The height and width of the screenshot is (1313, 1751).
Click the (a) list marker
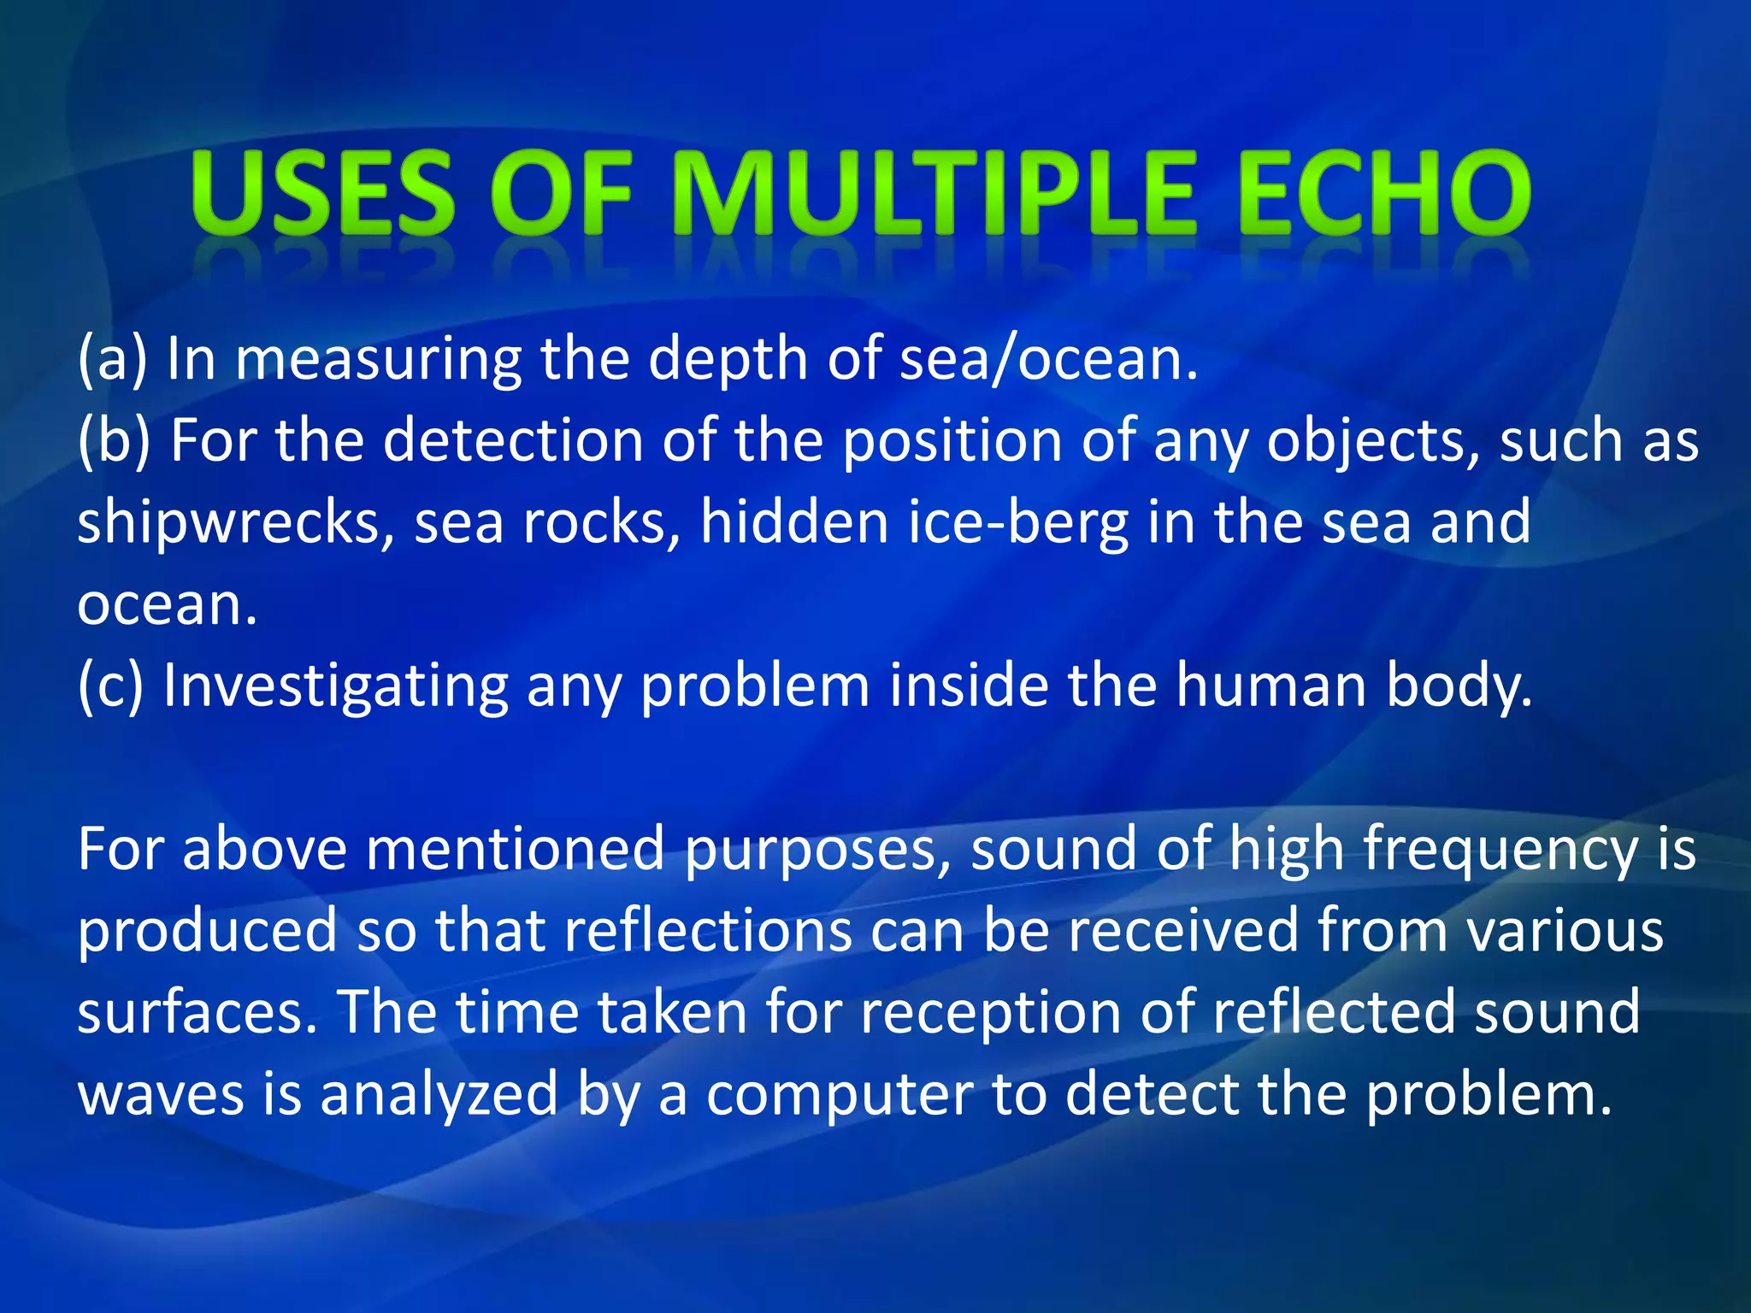(x=112, y=359)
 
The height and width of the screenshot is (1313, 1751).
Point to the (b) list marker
(x=114, y=441)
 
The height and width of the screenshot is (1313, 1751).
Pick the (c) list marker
(x=110, y=686)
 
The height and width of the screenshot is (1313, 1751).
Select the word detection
(x=512, y=441)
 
